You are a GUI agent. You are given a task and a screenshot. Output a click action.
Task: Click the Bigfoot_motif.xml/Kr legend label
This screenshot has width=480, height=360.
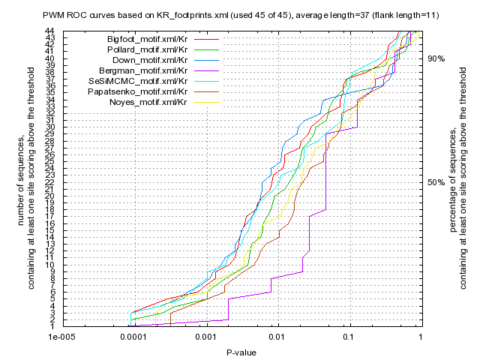147,38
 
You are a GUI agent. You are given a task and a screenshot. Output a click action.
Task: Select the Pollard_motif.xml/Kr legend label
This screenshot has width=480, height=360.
148,49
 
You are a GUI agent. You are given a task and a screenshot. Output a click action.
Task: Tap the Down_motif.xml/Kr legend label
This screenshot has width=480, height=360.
150,59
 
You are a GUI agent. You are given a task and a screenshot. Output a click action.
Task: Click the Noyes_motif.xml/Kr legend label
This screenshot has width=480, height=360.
148,101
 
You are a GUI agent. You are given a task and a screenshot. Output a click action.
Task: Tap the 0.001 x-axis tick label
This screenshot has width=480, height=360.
205,337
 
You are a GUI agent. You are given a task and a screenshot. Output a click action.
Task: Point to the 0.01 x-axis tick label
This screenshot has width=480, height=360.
277,337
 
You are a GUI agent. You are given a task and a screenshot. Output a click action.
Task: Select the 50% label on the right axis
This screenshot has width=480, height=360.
436,182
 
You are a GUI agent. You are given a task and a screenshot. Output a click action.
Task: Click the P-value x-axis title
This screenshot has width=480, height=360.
241,350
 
